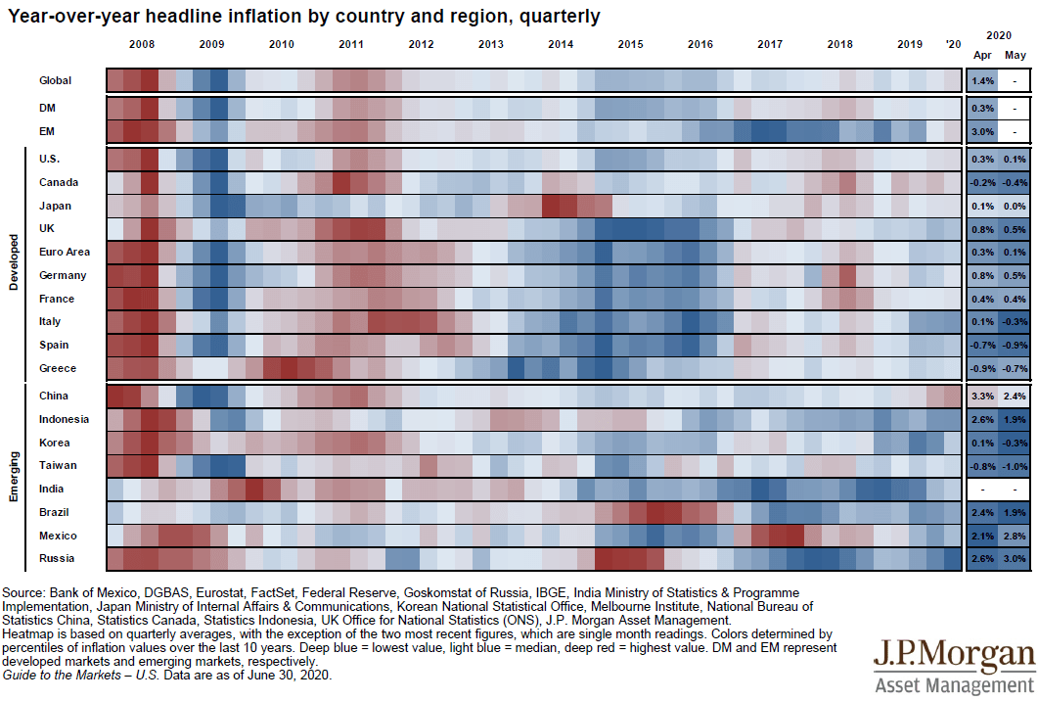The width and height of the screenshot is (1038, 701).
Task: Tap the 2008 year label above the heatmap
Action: coord(142,45)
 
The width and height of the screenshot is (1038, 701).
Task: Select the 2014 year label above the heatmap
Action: coord(561,45)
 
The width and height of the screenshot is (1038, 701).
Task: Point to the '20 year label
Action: coord(953,45)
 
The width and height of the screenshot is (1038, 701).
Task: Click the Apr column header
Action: coord(983,55)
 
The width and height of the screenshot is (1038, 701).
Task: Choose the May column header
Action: coord(1015,55)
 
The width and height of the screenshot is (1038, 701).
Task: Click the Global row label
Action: coord(55,81)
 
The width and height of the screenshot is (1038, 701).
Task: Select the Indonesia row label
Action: coord(64,419)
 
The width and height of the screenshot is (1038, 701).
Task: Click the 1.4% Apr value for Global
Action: coord(983,81)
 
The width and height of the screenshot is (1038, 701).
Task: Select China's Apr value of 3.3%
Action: coord(983,396)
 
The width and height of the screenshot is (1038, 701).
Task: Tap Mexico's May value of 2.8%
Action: coord(1015,536)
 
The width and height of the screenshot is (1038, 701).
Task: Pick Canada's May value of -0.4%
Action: coord(1015,182)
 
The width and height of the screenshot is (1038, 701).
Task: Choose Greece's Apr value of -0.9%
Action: coord(983,368)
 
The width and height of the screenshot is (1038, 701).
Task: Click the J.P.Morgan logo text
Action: coord(954,654)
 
